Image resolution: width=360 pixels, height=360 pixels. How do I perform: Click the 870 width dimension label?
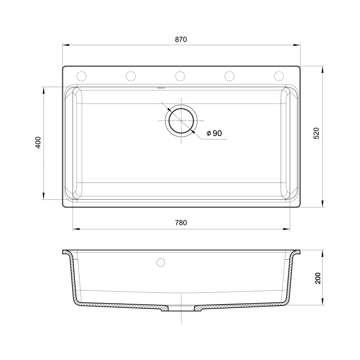(x=181, y=40)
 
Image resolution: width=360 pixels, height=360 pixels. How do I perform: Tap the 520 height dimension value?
(x=316, y=134)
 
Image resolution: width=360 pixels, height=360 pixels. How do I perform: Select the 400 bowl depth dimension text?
(x=38, y=142)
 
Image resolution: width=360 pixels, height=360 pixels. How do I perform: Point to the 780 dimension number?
(x=181, y=223)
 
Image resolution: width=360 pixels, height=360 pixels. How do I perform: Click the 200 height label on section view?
(x=318, y=278)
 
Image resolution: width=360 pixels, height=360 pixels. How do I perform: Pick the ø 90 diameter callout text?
(x=214, y=133)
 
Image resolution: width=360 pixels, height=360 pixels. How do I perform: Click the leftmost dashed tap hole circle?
(x=81, y=76)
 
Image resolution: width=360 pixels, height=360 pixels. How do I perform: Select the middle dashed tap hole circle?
(x=180, y=76)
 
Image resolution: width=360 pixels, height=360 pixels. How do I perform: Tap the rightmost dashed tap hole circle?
(x=279, y=76)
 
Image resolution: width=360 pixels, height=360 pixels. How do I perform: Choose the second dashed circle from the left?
(x=131, y=76)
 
